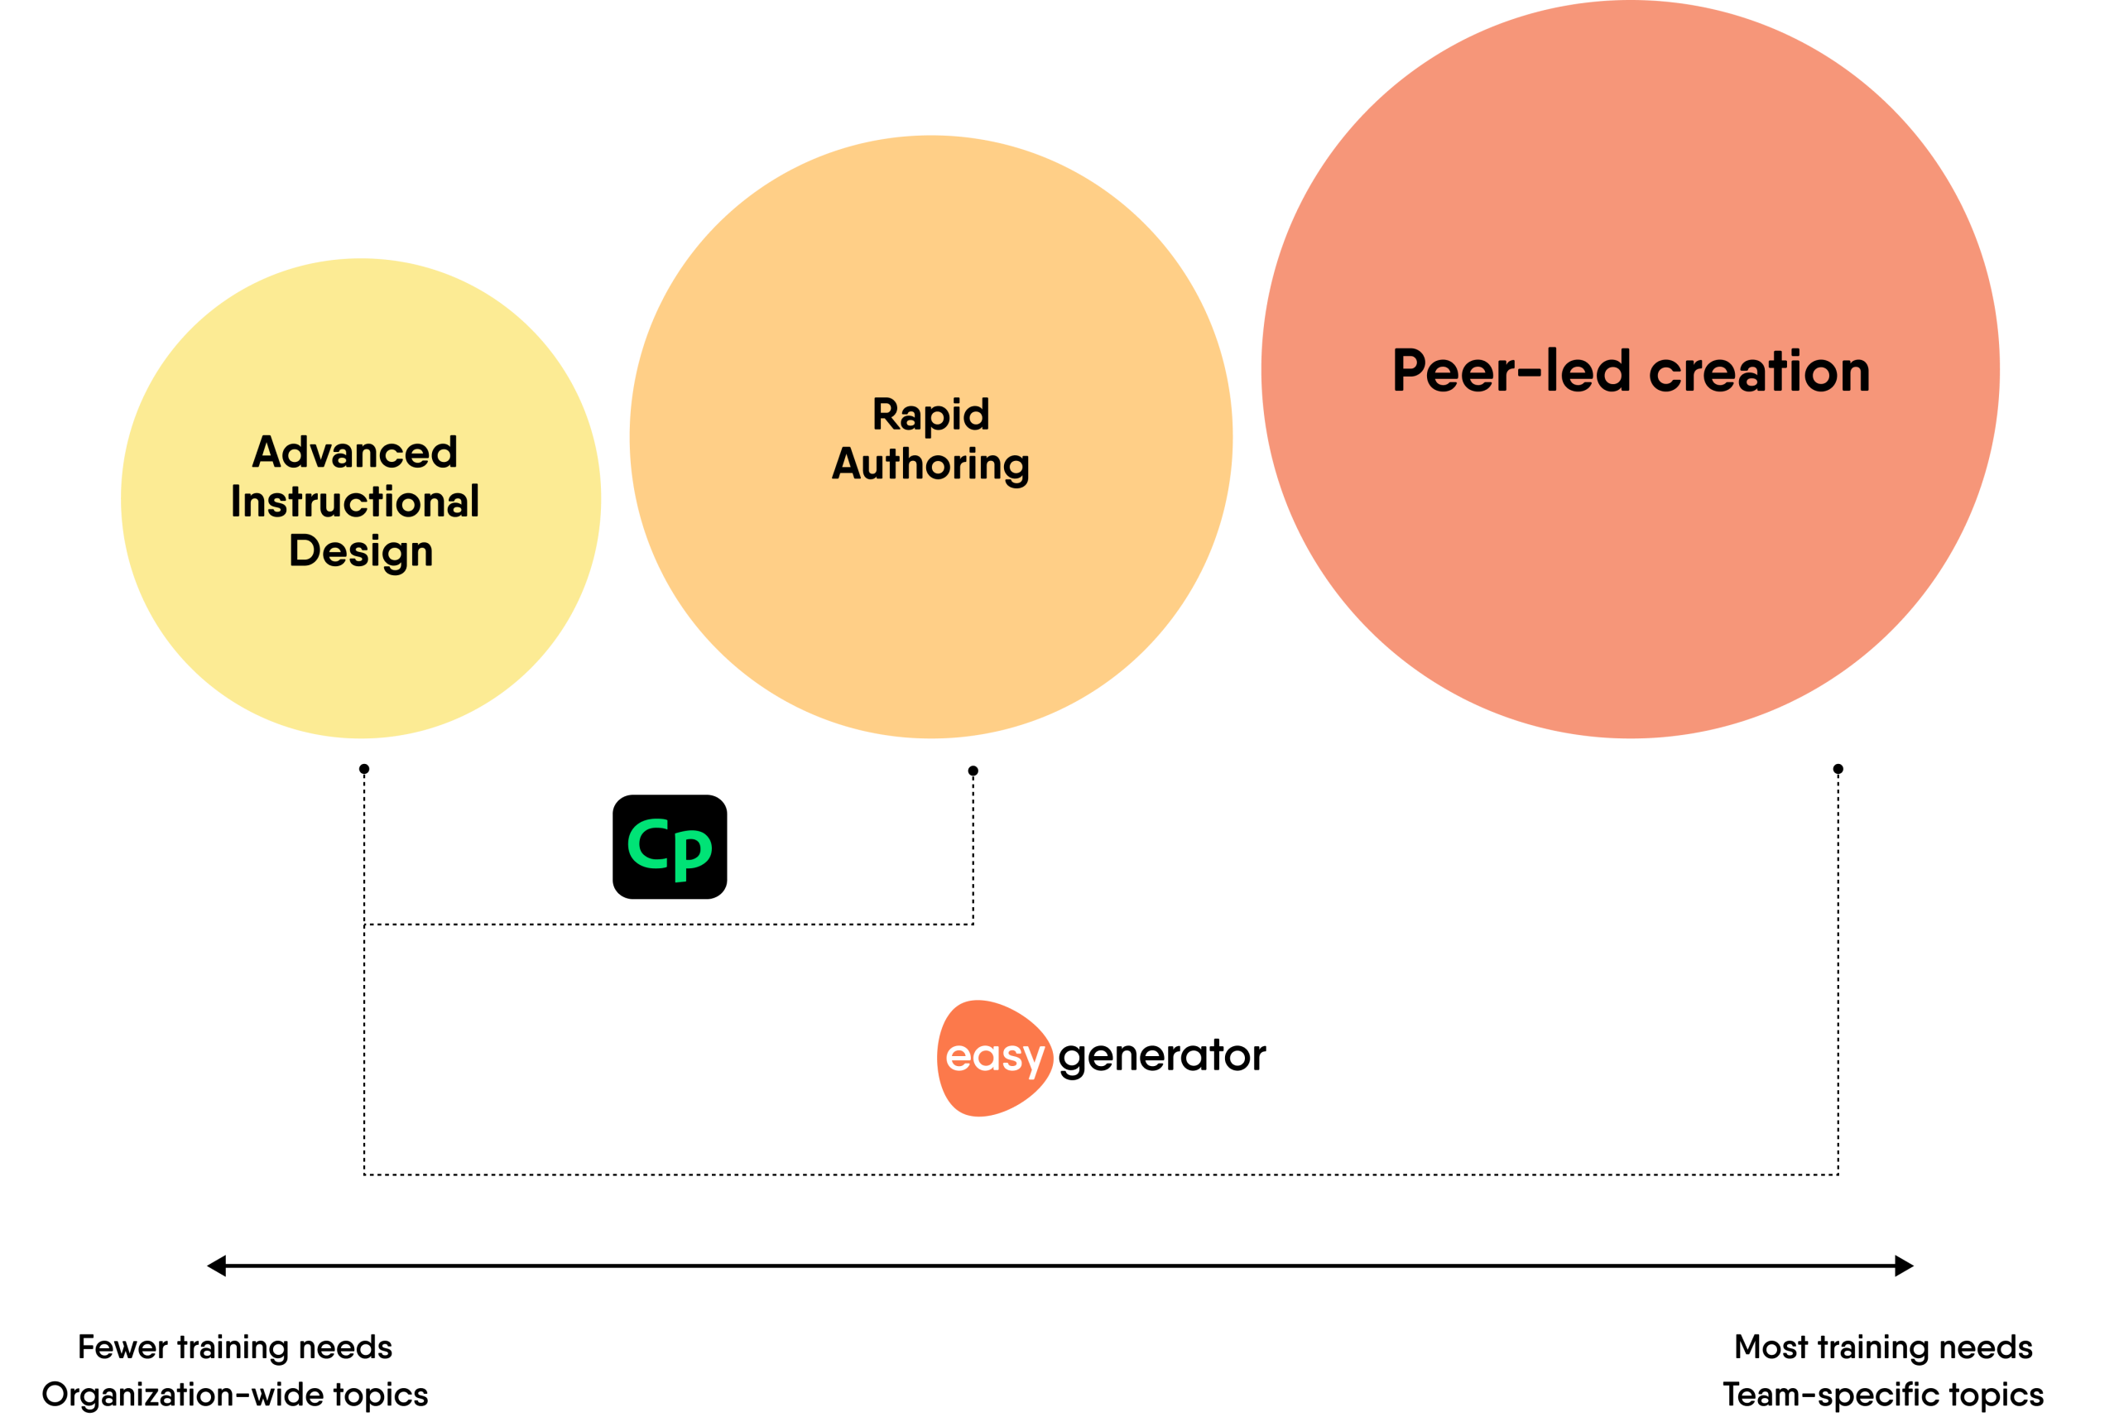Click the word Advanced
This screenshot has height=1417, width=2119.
click(354, 452)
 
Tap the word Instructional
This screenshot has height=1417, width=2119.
click(354, 502)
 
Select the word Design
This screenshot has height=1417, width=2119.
click(361, 550)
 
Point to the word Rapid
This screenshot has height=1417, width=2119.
click(930, 415)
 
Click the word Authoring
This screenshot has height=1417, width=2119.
click(930, 464)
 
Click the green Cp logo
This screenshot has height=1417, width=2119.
click(670, 848)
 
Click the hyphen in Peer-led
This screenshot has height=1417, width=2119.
click(1529, 371)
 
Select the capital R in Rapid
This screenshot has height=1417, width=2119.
click(887, 415)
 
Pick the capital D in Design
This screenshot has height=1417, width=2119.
click(305, 550)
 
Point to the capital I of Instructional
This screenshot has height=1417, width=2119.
click(235, 502)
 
